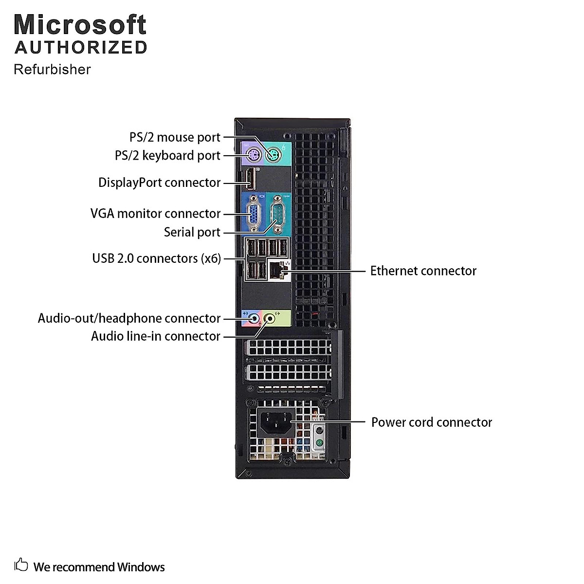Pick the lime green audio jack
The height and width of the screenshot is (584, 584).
pos(270,318)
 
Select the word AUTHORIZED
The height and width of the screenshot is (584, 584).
pos(81,48)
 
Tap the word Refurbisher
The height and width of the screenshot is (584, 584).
pos(52,70)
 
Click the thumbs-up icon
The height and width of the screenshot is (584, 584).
pos(21,565)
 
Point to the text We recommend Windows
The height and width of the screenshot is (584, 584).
pos(99,567)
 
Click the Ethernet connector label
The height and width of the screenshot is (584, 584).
pos(423,271)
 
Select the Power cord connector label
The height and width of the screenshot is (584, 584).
pos(432,422)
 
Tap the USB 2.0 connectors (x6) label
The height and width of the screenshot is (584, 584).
pos(156,258)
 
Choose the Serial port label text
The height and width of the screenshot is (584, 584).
pos(192,232)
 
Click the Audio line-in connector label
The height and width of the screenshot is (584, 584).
pos(155,336)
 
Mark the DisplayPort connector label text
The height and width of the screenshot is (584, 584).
pos(160,182)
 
